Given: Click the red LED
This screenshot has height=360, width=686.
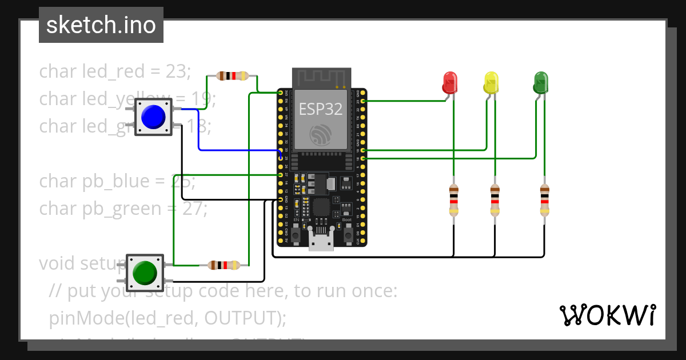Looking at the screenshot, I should pyautogui.click(x=450, y=82).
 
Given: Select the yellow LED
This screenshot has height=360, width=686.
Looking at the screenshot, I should pyautogui.click(x=491, y=82).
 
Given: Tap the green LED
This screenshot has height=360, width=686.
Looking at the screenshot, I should pyautogui.click(x=540, y=82).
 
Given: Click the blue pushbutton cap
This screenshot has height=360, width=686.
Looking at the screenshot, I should pyautogui.click(x=153, y=117).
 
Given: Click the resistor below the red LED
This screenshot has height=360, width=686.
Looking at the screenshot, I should pyautogui.click(x=454, y=199).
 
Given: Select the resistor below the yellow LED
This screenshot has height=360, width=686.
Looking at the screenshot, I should pyautogui.click(x=495, y=199).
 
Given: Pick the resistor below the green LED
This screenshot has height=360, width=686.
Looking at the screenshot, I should pyautogui.click(x=544, y=199).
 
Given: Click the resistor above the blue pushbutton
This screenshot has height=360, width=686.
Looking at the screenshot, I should pyautogui.click(x=232, y=75).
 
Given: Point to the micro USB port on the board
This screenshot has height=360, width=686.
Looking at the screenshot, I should pyautogui.click(x=321, y=239).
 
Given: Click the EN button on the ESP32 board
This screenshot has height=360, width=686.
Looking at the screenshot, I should pyautogui.click(x=296, y=234).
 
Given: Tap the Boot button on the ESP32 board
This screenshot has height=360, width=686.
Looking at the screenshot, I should pyautogui.click(x=347, y=234).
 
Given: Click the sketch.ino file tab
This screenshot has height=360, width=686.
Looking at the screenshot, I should pyautogui.click(x=101, y=25).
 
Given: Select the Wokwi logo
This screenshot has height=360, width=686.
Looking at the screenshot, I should pyautogui.click(x=607, y=315).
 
